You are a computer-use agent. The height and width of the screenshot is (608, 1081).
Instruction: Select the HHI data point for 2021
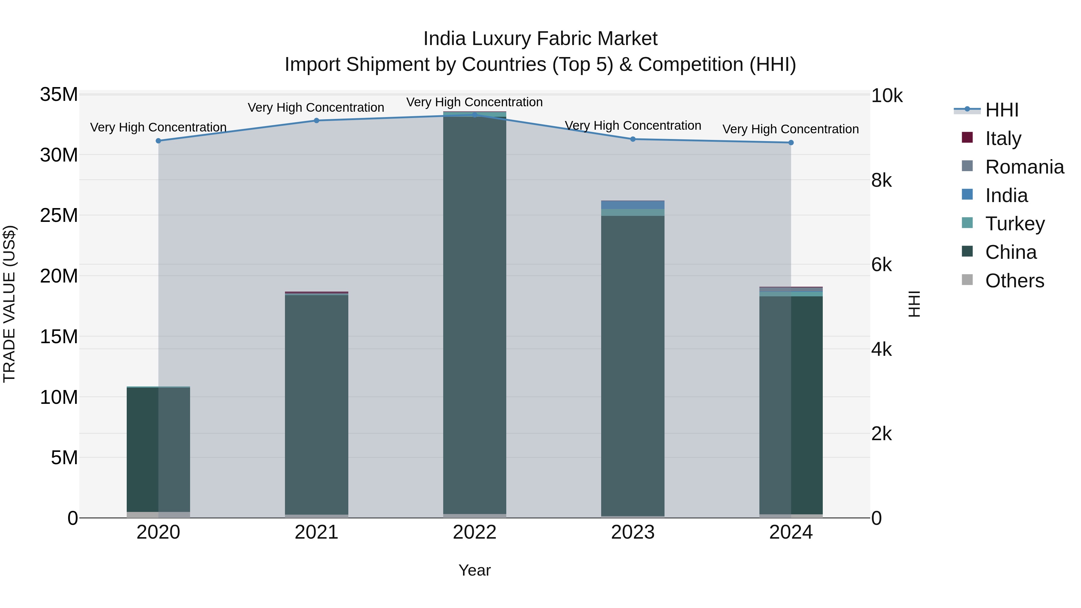point(316,121)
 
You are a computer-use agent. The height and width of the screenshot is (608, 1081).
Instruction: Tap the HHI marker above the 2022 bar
point(475,115)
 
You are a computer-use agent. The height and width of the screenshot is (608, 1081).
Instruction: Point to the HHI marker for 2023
point(633,139)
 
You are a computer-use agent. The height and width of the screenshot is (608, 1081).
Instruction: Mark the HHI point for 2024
point(791,143)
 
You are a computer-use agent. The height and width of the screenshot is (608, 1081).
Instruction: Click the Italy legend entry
point(1003,138)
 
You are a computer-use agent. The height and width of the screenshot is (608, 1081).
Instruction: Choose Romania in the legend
point(1024,167)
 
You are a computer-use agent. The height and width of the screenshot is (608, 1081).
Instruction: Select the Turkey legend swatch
point(967,223)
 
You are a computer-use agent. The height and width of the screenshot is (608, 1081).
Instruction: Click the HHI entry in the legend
point(1001,110)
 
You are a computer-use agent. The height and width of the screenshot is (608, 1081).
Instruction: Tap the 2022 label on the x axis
point(475,532)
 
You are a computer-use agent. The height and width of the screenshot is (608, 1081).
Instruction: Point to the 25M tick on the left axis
point(59,215)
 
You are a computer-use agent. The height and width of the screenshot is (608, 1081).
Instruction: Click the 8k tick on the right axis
point(882,180)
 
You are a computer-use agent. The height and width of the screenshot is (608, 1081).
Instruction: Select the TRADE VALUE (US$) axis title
point(9,304)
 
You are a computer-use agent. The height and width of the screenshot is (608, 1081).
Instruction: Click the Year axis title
point(475,570)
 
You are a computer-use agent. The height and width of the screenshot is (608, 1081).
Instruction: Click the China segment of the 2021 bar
point(316,403)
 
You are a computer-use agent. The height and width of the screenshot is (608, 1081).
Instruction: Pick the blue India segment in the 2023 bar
point(633,205)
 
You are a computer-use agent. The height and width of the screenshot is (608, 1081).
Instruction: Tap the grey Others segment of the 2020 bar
point(158,515)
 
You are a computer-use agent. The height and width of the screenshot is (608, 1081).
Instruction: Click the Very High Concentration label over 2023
point(633,126)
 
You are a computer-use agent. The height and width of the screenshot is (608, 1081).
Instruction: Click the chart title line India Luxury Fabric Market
point(540,39)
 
